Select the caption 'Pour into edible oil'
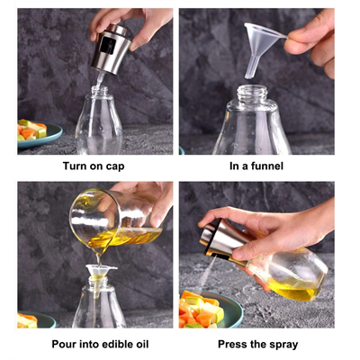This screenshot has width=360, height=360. (94, 344)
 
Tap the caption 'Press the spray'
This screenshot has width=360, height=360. (256, 344)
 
